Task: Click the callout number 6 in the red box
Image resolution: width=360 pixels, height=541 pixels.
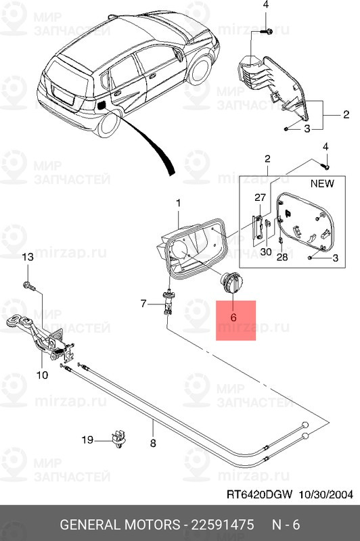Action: [233, 316]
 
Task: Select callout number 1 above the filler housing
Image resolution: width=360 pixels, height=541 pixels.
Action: [179, 204]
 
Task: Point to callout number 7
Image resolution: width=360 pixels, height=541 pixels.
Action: [143, 304]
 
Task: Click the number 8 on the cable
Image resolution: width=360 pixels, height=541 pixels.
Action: [152, 444]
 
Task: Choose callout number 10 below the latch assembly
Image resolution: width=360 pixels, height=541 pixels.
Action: [42, 374]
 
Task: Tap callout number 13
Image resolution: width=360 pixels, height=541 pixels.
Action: [28, 258]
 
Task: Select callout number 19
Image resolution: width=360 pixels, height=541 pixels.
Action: [88, 440]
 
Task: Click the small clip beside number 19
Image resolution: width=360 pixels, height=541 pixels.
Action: [120, 438]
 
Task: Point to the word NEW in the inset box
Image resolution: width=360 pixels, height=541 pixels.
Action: [322, 183]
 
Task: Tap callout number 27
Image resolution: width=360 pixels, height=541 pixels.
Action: [260, 198]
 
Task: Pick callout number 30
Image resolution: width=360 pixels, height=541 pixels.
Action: [265, 252]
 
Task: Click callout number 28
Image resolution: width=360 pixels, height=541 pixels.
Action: [283, 258]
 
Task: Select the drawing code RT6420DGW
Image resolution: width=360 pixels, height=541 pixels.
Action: [258, 495]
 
